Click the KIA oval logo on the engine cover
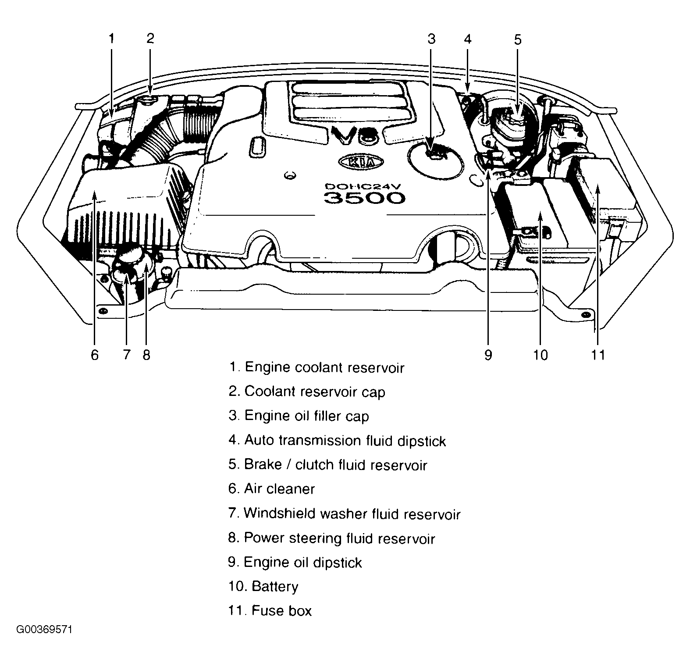click(361, 162)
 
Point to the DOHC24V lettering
click(363, 185)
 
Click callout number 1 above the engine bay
click(111, 39)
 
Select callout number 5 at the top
click(518, 40)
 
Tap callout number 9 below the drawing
click(488, 355)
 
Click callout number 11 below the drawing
click(598, 355)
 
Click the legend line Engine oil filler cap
click(299, 416)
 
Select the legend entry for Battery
click(263, 587)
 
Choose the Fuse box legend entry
click(270, 611)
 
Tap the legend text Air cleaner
click(271, 489)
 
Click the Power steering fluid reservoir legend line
click(331, 538)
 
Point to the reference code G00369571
click(44, 630)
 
